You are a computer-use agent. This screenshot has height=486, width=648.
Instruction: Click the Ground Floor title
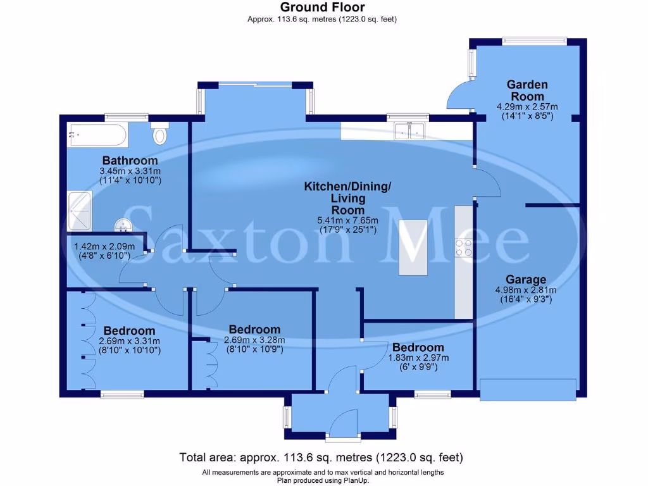tap(322, 8)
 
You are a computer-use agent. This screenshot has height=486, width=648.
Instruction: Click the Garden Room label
tap(526, 90)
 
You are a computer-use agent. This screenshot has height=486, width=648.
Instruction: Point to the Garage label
tap(526, 280)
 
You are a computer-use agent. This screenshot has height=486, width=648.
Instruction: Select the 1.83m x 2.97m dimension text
tap(418, 358)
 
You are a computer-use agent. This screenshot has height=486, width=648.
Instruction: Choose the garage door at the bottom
tap(528, 389)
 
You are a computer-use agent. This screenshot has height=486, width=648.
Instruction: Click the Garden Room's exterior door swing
tap(459, 98)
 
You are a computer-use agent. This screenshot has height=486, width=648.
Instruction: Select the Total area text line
tap(321, 457)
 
